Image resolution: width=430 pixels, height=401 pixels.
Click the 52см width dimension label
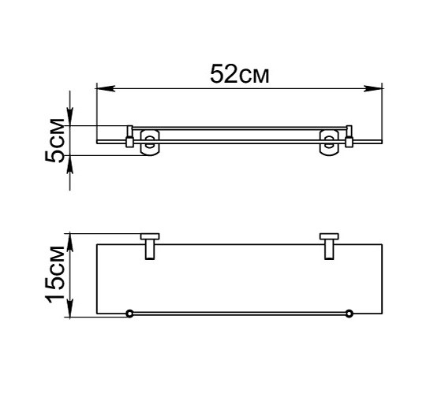tap(239, 74)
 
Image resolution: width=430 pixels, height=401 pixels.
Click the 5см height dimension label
tap(54, 140)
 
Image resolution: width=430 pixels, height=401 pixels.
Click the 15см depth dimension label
tap(54, 275)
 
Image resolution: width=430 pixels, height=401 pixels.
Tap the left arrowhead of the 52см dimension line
tap(106, 88)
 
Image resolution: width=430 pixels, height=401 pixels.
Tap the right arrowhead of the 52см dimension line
tap(372, 88)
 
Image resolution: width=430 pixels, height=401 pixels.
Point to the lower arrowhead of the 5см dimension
tap(70, 165)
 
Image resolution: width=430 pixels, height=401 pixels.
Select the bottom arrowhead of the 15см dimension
tap(70, 308)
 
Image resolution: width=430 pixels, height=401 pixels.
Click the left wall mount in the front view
tap(150, 143)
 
